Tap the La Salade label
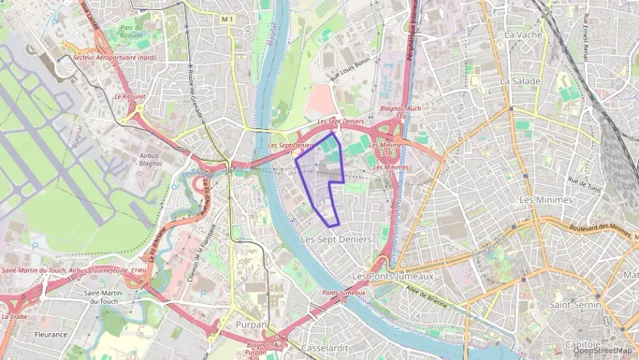520,81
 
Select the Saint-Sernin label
575,305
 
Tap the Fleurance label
51,335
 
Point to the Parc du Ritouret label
131,31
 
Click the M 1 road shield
228,20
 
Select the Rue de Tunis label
582,183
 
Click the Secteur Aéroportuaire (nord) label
117,58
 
